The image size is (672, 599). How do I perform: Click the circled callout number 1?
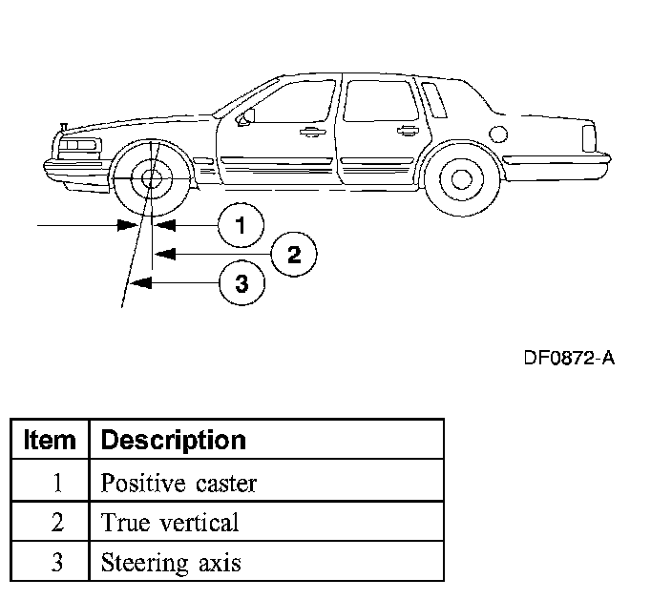coord(240,225)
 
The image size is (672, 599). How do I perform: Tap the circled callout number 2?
coord(293,254)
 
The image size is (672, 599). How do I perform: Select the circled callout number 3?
coord(241,283)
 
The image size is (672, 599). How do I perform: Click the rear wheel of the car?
coord(461,178)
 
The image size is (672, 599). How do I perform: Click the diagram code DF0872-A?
coord(569,359)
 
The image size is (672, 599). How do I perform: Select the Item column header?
coord(50,440)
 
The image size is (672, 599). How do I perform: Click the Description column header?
coord(173,440)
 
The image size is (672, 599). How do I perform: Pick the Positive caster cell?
coord(178,483)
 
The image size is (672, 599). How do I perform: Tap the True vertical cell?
coord(170,523)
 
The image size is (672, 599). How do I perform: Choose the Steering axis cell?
coord(171,562)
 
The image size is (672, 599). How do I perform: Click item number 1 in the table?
coord(57,483)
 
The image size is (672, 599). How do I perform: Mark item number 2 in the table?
coord(57,523)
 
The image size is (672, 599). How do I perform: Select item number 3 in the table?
coord(57,562)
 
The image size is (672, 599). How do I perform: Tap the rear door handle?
coord(408,129)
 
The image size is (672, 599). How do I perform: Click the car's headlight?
coord(80,146)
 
